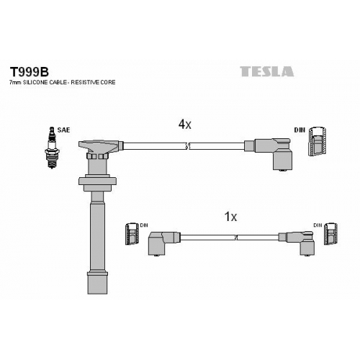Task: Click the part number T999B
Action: click(x=30, y=72)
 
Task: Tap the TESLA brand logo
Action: click(x=267, y=71)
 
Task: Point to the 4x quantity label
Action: click(x=184, y=125)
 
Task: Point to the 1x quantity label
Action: click(x=230, y=217)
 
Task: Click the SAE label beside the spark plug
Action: click(x=63, y=130)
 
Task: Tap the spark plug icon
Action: click(x=52, y=148)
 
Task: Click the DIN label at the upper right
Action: click(x=300, y=130)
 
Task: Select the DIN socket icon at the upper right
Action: click(x=318, y=141)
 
